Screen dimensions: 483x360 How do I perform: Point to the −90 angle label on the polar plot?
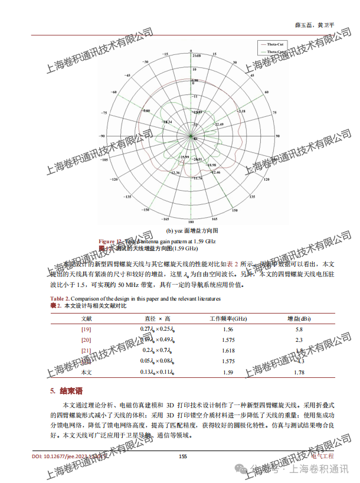(x=103, y=136)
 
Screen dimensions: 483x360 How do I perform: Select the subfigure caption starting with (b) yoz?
(x=192, y=230)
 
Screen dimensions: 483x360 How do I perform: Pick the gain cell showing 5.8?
(x=299, y=329)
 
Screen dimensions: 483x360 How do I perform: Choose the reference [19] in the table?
(x=86, y=329)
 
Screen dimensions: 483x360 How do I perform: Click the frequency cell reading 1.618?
(x=228, y=351)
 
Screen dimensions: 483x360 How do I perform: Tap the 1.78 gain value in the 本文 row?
(x=299, y=373)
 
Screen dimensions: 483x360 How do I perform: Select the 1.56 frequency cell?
(x=228, y=329)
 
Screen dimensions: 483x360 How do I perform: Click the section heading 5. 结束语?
(x=66, y=391)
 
